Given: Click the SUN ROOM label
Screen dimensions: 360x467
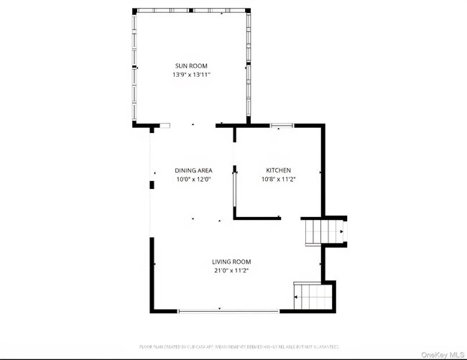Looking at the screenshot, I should pyautogui.click(x=190, y=65).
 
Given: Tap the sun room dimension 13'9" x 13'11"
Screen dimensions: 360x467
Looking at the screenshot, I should pyautogui.click(x=190, y=75).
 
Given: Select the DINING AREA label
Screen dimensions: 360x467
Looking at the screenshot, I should pyautogui.click(x=193, y=170).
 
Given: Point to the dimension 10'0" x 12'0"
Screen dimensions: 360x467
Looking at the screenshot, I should pyautogui.click(x=193, y=180).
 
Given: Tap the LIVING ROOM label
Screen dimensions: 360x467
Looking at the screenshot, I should pyautogui.click(x=231, y=262).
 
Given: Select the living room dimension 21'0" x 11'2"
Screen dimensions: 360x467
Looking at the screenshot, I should pyautogui.click(x=231, y=271).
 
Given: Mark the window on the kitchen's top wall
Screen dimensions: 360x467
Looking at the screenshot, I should pyautogui.click(x=282, y=126).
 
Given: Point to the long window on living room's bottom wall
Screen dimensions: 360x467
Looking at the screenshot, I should pyautogui.click(x=228, y=310).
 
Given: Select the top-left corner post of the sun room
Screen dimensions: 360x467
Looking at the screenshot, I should pyautogui.click(x=134, y=10).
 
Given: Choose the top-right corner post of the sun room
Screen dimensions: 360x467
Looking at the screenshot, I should pyautogui.click(x=248, y=10).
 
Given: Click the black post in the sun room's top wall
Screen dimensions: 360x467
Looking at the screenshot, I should pyautogui.click(x=191, y=10).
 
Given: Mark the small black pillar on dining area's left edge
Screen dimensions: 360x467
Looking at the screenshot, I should pyautogui.click(x=151, y=185).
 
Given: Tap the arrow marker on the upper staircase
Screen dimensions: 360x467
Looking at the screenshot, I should pyautogui.click(x=341, y=232).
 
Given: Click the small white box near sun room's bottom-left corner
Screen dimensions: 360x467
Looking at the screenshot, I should pyautogui.click(x=165, y=126).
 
